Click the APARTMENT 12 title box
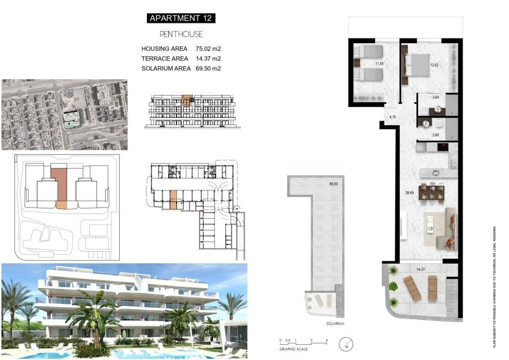point(181,18)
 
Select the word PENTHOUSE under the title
point(181,34)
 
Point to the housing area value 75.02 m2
point(208,49)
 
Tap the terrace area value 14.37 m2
point(208,58)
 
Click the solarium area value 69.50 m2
point(208,68)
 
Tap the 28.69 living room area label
point(410,192)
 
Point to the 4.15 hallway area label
point(393,117)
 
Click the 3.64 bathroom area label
point(436,97)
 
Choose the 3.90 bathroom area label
point(436,135)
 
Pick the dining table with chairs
point(431,192)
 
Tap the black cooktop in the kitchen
point(443,147)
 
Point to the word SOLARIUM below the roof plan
point(335,324)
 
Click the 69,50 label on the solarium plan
point(334,184)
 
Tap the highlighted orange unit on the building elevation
point(186,99)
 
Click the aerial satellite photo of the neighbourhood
point(64,115)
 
